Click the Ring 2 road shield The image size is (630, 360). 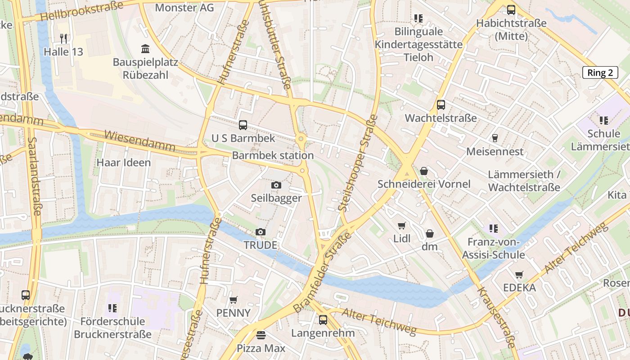600,73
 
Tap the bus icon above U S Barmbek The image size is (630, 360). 243,125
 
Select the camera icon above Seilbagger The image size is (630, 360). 276,185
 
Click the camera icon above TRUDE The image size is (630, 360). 260,232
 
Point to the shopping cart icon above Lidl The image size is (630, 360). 402,226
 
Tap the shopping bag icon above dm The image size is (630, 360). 430,234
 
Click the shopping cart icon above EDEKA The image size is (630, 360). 519,274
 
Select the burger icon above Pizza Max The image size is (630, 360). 261,335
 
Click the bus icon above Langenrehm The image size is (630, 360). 323,320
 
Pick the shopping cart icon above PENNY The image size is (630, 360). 233,300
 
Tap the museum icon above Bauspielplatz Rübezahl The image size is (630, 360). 145,49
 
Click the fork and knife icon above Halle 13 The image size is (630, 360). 63,39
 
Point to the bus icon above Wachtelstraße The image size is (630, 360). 441,105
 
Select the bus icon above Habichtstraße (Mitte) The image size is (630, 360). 511,10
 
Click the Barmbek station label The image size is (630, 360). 273,156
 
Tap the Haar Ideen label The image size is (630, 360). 124,162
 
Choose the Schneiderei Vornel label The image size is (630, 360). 424,184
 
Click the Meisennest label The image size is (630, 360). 495,152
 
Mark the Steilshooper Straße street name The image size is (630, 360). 358,163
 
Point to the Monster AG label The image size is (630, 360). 184,8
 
